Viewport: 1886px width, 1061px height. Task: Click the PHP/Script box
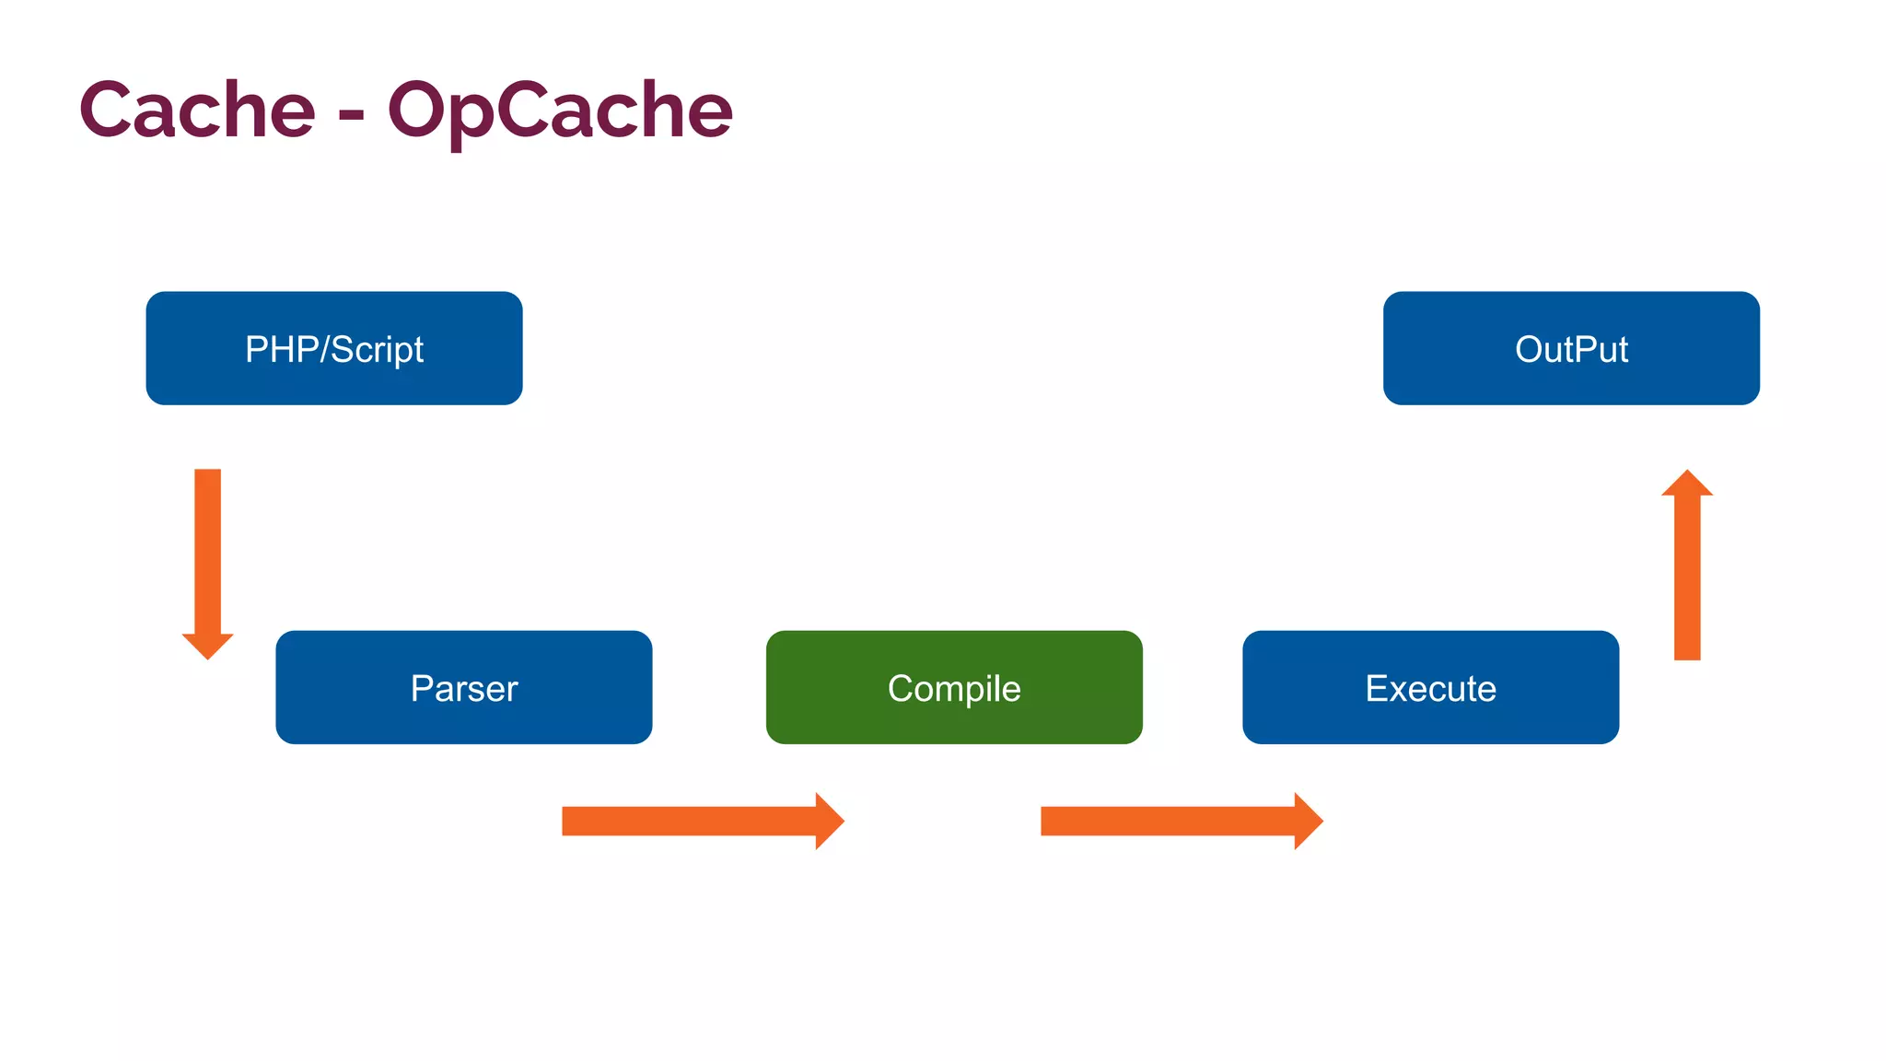pyautogui.click(x=333, y=348)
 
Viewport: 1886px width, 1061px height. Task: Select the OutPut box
pyautogui.click(x=1571, y=348)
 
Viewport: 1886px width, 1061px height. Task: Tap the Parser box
pyautogui.click(x=463, y=687)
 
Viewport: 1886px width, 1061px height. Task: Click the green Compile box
pyautogui.click(x=954, y=687)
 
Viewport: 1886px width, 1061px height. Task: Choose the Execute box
pyautogui.click(x=1430, y=687)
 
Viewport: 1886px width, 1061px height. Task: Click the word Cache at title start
pyautogui.click(x=197, y=111)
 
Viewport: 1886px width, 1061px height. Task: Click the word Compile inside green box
pyautogui.click(x=954, y=689)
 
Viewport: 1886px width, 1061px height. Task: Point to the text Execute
pyautogui.click(x=1430, y=689)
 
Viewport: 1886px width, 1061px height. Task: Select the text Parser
pyautogui.click(x=463, y=689)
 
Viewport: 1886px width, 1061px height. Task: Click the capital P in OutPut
pyautogui.click(x=1586, y=349)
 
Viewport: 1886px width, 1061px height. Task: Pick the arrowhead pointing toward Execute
pyautogui.click(x=1307, y=821)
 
